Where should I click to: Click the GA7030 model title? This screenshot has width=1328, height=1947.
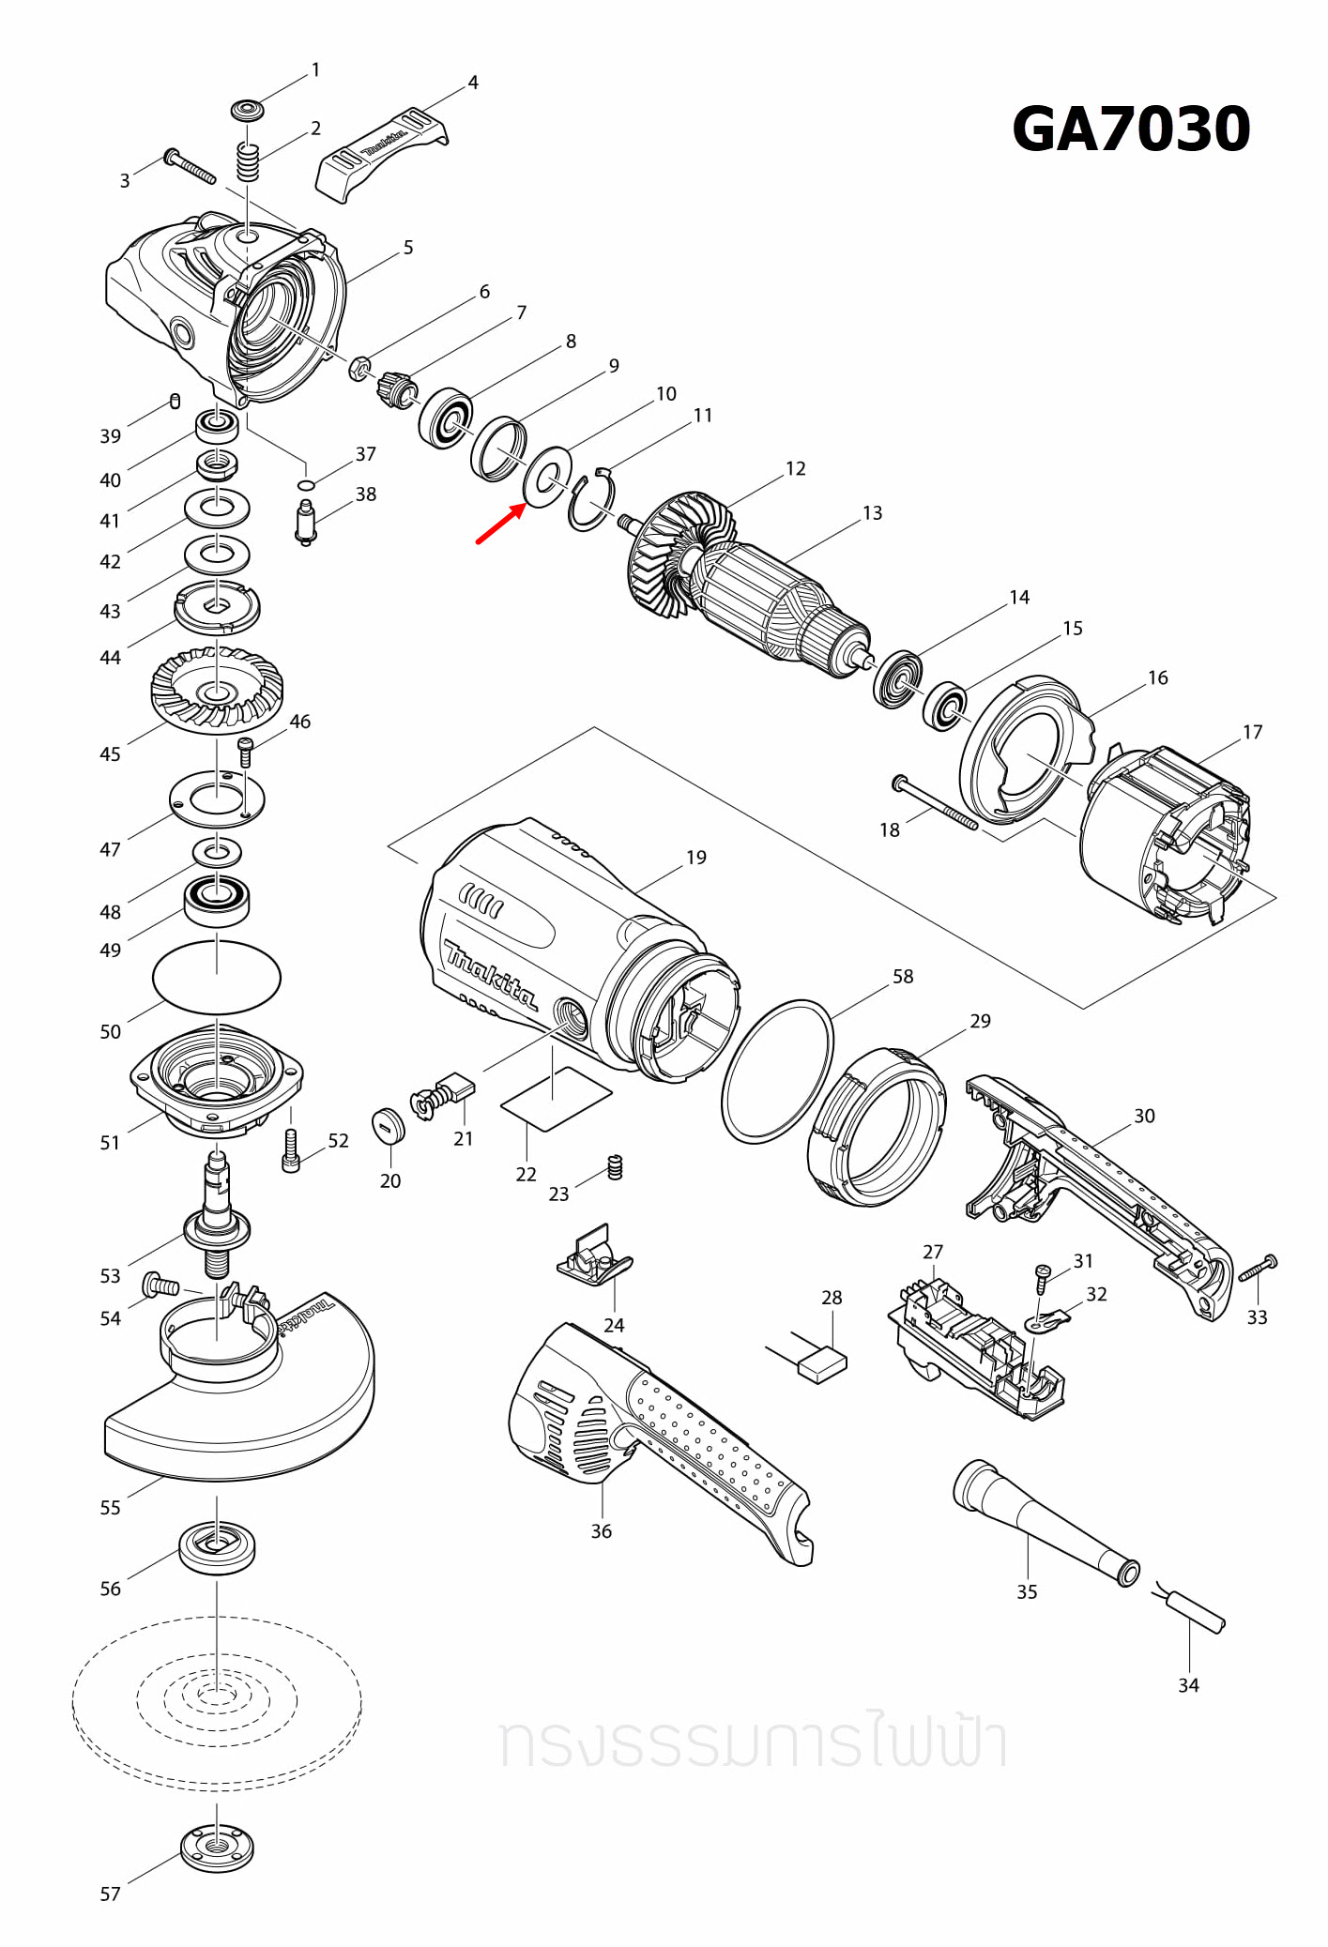(x=1131, y=129)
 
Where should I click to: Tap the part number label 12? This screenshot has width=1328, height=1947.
(x=795, y=468)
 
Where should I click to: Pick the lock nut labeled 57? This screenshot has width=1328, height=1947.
(x=217, y=1848)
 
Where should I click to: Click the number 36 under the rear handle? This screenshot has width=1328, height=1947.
(x=601, y=1531)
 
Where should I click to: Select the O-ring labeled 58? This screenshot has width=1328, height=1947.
(x=777, y=1071)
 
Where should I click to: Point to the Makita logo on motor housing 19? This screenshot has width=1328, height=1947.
(x=490, y=975)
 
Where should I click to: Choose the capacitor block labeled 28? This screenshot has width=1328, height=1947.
(x=821, y=1363)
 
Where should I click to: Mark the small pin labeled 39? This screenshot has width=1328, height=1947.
(x=175, y=402)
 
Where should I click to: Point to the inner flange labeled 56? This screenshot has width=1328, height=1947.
(x=217, y=1546)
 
